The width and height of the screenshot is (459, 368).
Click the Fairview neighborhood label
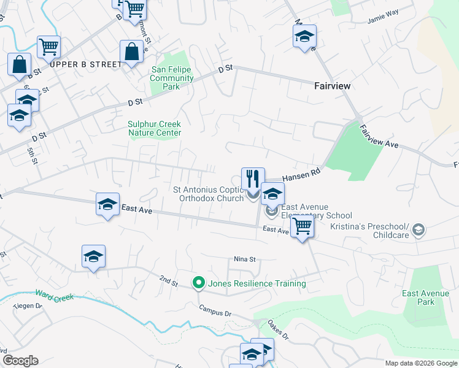tap(333, 86)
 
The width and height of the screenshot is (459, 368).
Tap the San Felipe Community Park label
tap(172, 78)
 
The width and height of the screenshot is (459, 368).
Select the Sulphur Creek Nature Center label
tap(154, 128)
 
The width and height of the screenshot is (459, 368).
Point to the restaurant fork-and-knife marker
tap(253, 179)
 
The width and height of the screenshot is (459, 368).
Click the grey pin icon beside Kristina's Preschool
tap(418, 229)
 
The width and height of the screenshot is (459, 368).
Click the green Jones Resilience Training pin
tap(198, 283)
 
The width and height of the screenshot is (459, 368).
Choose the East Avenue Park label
tap(427, 297)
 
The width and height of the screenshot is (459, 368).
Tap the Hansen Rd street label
tap(302, 175)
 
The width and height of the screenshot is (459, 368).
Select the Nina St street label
tap(244, 259)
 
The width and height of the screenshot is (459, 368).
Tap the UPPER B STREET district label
tap(85, 64)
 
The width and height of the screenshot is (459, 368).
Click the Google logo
tap(20, 361)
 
